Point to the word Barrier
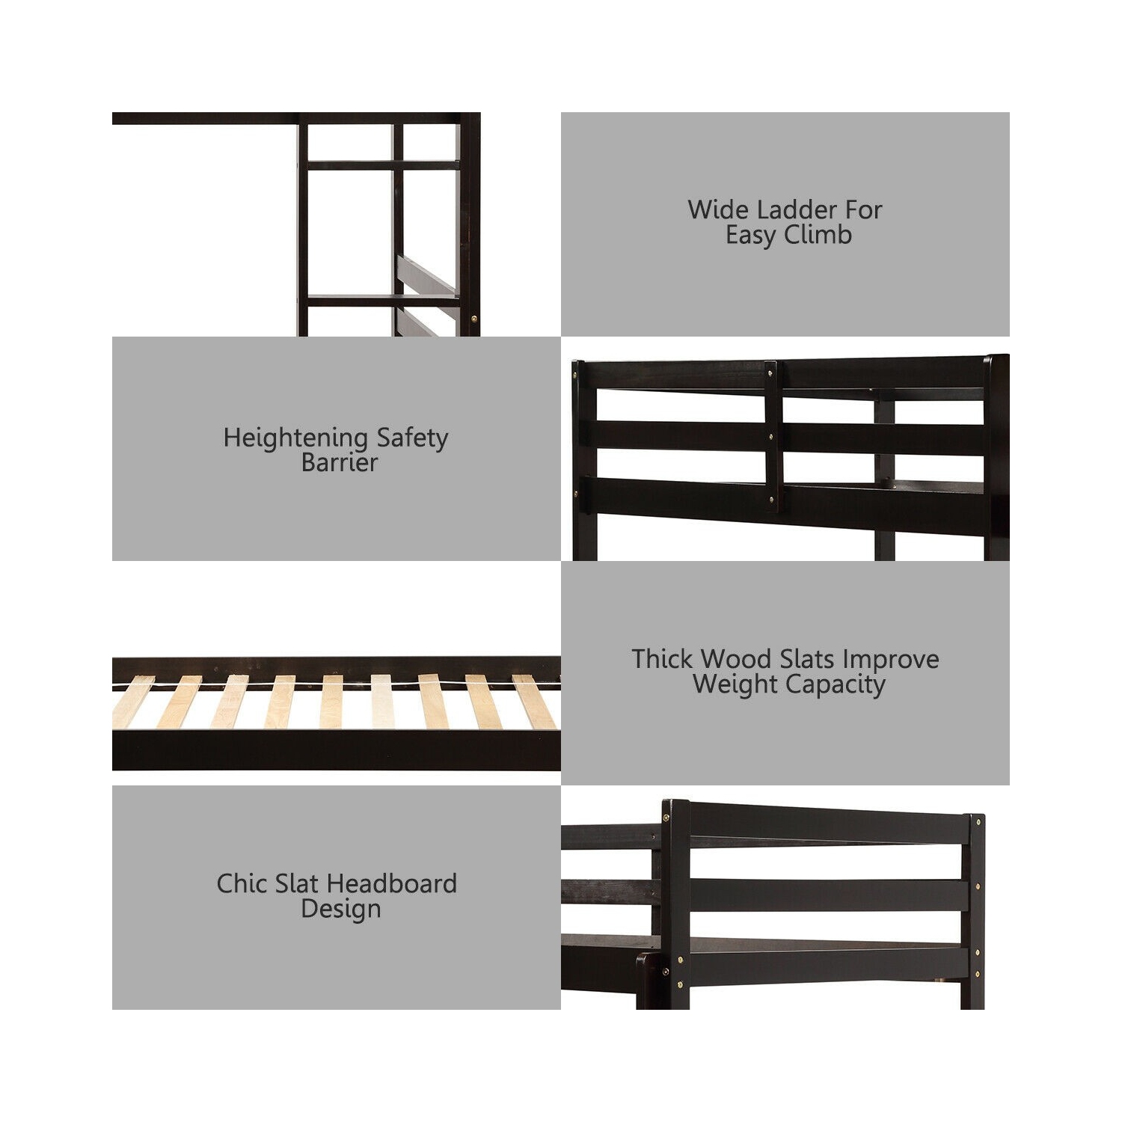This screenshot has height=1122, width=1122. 340,462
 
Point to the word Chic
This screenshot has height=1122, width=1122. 239,883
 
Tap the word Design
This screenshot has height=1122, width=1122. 341,910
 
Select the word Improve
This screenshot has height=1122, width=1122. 891,659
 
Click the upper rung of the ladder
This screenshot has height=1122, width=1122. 383,165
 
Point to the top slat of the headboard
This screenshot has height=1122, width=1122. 829,824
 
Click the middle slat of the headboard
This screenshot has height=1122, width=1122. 829,895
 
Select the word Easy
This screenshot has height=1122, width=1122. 750,236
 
